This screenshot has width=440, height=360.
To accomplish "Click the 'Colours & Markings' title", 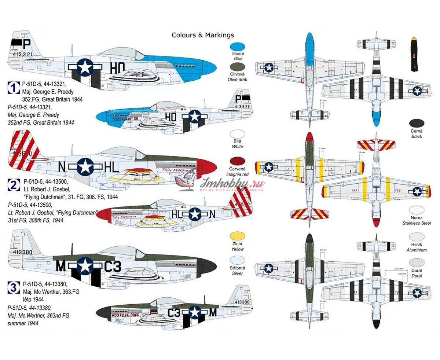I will tap(203, 35).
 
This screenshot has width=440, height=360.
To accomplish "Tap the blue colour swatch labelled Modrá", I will tap(236, 47).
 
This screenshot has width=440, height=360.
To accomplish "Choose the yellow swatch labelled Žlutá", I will tap(236, 236).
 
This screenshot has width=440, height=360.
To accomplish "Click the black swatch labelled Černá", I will tap(417, 123).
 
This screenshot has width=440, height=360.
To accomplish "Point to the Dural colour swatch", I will tap(417, 263).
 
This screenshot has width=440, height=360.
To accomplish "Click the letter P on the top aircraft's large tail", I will tap(26, 44).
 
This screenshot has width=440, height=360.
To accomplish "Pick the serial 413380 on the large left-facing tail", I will tap(22, 252).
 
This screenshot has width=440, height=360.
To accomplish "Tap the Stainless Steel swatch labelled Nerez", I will tap(417, 210).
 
